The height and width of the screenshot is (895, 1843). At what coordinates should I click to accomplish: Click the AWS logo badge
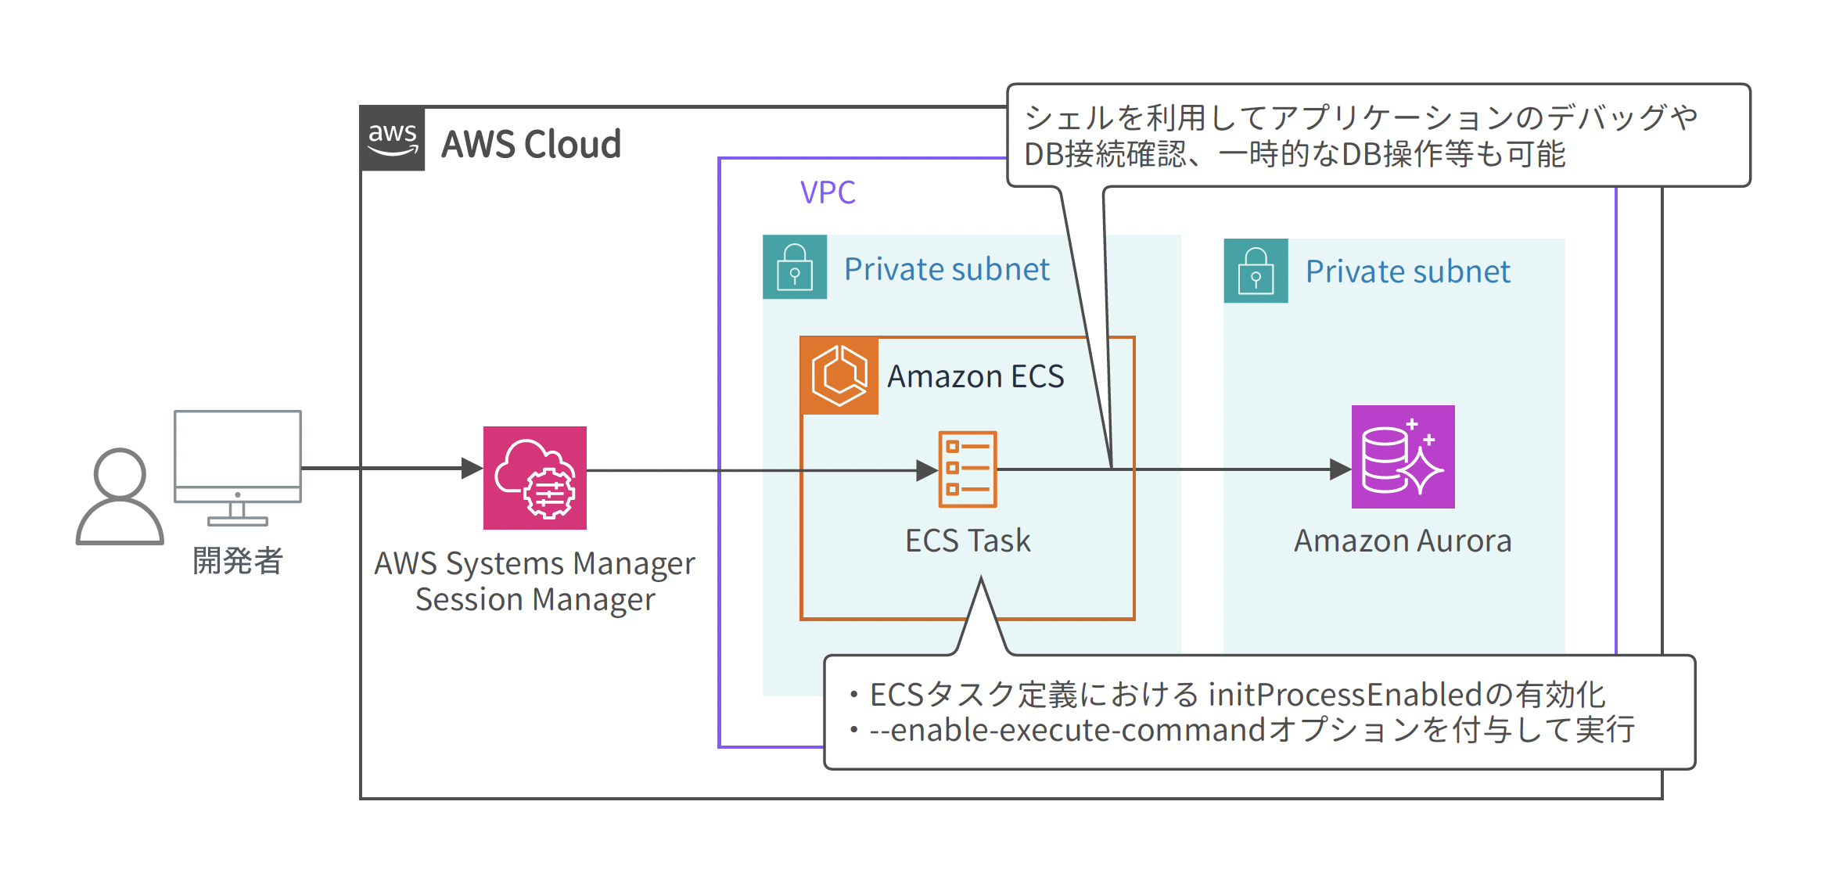coord(392,138)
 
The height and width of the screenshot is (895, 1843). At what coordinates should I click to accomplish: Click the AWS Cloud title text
coord(530,145)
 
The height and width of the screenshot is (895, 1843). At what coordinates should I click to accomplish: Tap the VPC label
coord(827,192)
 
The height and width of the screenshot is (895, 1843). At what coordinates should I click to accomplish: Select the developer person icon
coord(120,497)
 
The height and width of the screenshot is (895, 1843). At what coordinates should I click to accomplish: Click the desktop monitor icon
coord(238,467)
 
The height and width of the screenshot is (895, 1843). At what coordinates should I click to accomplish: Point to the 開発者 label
coord(238,561)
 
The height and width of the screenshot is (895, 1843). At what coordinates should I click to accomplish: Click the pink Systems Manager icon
coord(535,478)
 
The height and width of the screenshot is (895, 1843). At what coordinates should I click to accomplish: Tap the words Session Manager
coord(535,600)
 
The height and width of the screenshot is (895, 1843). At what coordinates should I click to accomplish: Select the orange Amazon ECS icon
coord(839,376)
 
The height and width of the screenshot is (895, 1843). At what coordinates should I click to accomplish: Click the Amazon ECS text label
coord(975,377)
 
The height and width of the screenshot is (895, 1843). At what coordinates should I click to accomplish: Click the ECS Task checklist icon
coord(968,469)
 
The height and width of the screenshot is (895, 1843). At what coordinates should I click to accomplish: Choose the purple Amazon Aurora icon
coord(1403,457)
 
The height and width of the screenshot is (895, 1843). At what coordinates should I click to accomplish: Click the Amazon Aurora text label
coord(1403,541)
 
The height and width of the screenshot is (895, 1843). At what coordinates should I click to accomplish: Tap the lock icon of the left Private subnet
coord(795,267)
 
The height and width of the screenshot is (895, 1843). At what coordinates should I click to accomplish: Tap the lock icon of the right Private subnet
coord(1256,271)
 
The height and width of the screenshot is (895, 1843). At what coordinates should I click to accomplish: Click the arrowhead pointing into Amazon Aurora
coord(1341,469)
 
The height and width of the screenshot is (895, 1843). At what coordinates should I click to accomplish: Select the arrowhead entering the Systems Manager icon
coord(472,469)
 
